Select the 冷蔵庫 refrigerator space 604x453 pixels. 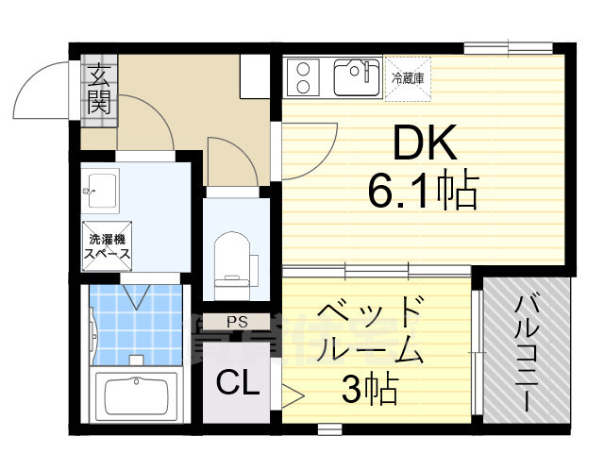[x=409, y=76]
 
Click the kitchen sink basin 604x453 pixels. [x=356, y=76]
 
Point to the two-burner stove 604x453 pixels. [x=306, y=76]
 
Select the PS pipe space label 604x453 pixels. [x=236, y=322]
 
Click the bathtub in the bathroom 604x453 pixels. [x=138, y=394]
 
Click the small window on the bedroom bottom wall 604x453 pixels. [x=329, y=429]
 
